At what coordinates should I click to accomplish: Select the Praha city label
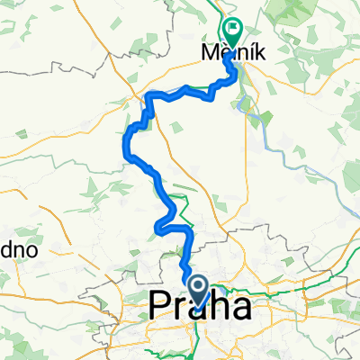coord(199,309)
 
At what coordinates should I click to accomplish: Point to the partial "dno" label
coord(18,250)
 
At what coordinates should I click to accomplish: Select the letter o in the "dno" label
coord(30,251)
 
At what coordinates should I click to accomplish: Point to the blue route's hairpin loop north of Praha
coord(161,223)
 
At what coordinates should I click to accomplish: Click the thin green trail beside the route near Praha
coord(184,214)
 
